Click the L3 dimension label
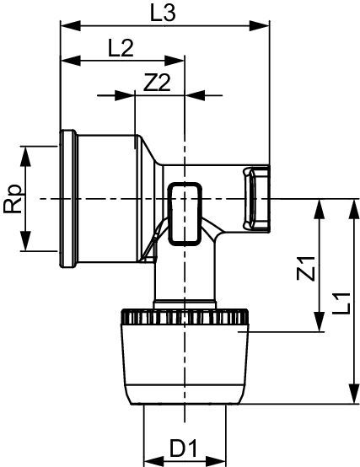coord(163,14)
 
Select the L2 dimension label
coord(121,48)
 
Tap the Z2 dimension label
coord(157,83)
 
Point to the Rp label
coord(13,199)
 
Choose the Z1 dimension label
coord(306,268)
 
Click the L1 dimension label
coord(341,303)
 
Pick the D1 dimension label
coord(184,448)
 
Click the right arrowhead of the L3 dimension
coord(259,25)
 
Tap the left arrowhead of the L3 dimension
coord(71,25)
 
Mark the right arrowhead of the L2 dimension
coord(175,61)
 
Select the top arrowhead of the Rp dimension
coord(25,156)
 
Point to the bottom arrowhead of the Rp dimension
coord(25,241)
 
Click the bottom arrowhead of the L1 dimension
coord(354,394)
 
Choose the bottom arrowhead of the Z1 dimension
coord(320,321)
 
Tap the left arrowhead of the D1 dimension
coord(154,461)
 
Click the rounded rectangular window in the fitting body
coord(185,214)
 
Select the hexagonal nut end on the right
coord(256,199)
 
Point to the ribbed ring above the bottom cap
coord(185,317)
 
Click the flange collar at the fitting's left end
coord(68,199)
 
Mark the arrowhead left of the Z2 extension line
coord(125,95)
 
